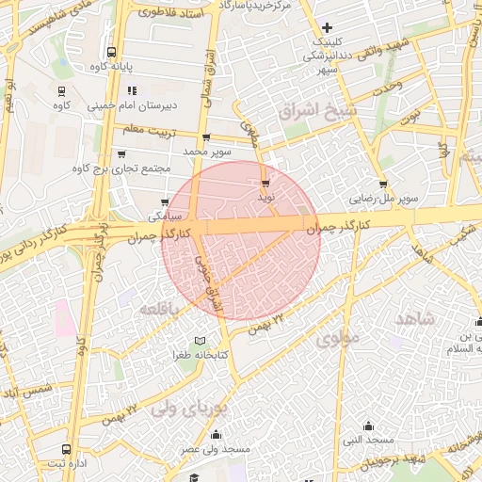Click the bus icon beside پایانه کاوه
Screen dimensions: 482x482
pyautogui.click(x=112, y=53)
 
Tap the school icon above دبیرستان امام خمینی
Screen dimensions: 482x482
pyautogui.click(x=131, y=91)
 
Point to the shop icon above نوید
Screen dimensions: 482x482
pyautogui.click(x=265, y=184)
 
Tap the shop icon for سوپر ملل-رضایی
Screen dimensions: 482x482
pyautogui.click(x=383, y=185)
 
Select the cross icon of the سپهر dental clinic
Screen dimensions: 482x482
pyautogui.click(x=327, y=27)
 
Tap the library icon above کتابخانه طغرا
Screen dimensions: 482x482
pyautogui.click(x=198, y=340)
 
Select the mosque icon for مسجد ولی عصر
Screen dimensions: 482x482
pyautogui.click(x=217, y=434)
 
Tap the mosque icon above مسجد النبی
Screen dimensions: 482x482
pyautogui.click(x=367, y=425)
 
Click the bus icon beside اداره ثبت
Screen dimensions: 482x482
pyautogui.click(x=65, y=448)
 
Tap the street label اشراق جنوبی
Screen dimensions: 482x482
pyautogui.click(x=211, y=281)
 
